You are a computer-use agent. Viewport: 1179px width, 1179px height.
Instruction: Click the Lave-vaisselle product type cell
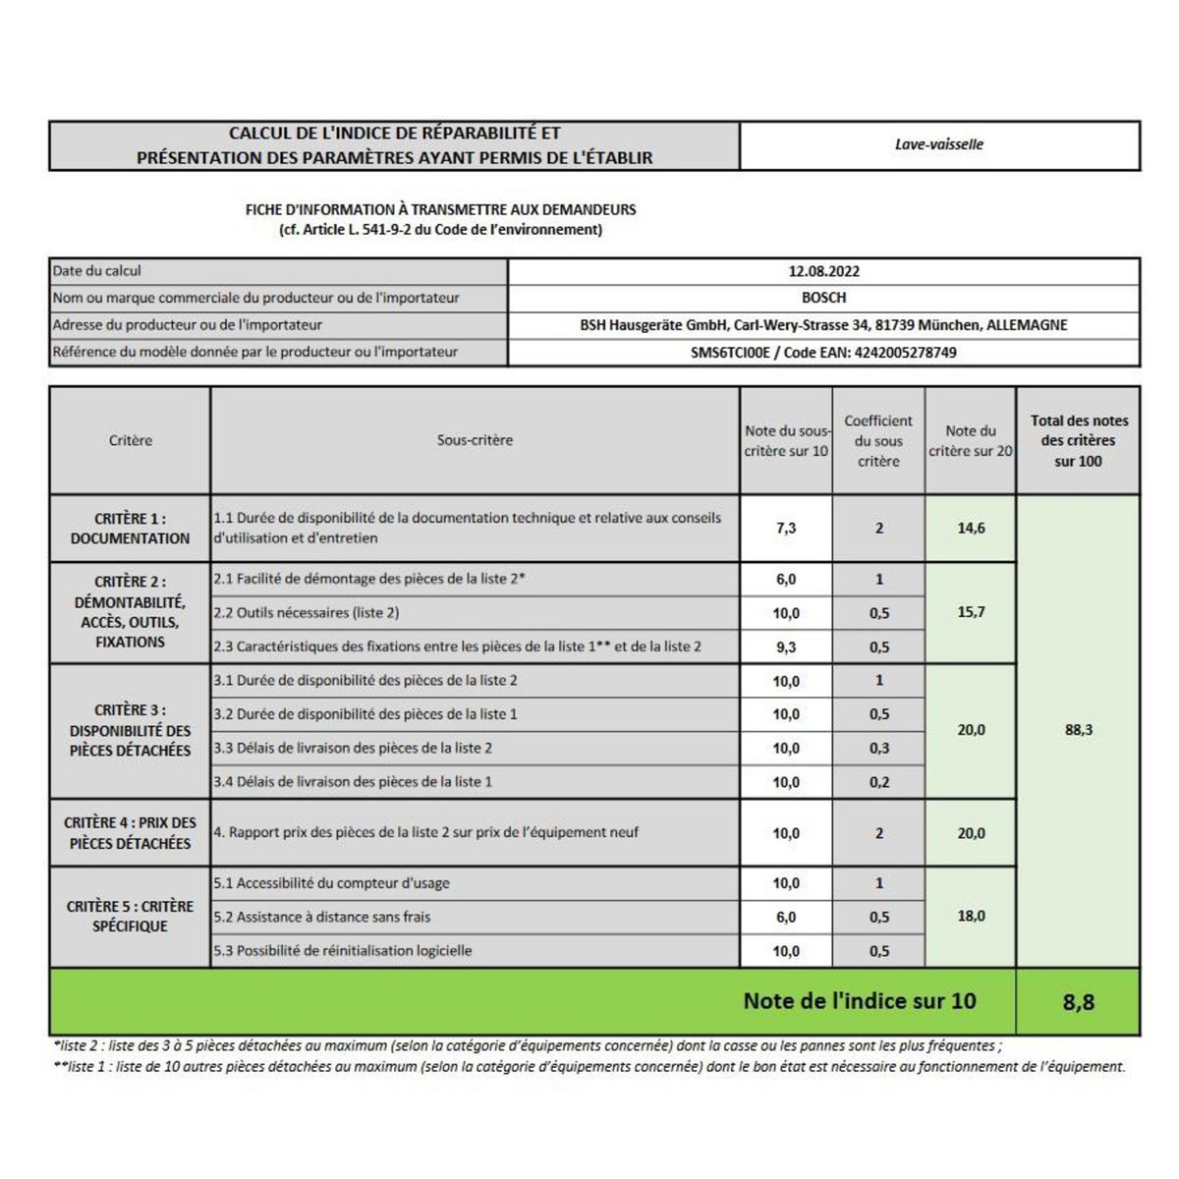click(938, 144)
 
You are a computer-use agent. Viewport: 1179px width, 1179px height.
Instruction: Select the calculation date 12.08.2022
click(823, 271)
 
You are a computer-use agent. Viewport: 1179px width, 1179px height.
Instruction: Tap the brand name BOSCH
click(823, 298)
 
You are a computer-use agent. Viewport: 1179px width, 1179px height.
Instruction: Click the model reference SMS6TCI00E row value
click(823, 352)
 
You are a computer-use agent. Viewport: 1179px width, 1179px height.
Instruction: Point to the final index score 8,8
click(1078, 1002)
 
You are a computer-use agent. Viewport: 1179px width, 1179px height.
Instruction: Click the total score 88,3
click(1078, 730)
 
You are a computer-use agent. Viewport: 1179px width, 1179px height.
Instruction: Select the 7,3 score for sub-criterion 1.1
click(786, 528)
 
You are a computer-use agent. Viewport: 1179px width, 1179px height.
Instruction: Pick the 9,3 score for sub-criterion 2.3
click(786, 646)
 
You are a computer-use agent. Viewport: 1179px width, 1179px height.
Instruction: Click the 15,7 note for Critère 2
click(971, 612)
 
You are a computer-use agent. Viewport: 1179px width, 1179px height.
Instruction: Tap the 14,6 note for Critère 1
click(971, 528)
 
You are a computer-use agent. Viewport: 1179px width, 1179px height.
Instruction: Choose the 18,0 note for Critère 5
click(971, 916)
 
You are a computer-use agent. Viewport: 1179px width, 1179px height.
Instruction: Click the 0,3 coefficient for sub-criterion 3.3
click(879, 748)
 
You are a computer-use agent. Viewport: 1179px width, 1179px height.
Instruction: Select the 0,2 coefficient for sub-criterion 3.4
click(879, 782)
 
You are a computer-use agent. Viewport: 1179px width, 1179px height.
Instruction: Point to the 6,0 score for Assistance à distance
click(786, 917)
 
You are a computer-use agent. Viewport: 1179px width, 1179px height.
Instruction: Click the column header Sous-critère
click(475, 440)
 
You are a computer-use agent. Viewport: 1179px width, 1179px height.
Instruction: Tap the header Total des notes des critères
click(1079, 440)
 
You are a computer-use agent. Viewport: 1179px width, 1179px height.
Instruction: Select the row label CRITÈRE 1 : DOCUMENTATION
click(130, 529)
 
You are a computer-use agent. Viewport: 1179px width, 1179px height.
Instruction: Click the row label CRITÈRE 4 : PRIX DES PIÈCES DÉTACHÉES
click(130, 833)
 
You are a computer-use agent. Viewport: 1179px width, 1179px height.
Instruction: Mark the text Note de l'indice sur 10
click(860, 1001)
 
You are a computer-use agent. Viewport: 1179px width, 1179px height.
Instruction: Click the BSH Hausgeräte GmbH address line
click(823, 325)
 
